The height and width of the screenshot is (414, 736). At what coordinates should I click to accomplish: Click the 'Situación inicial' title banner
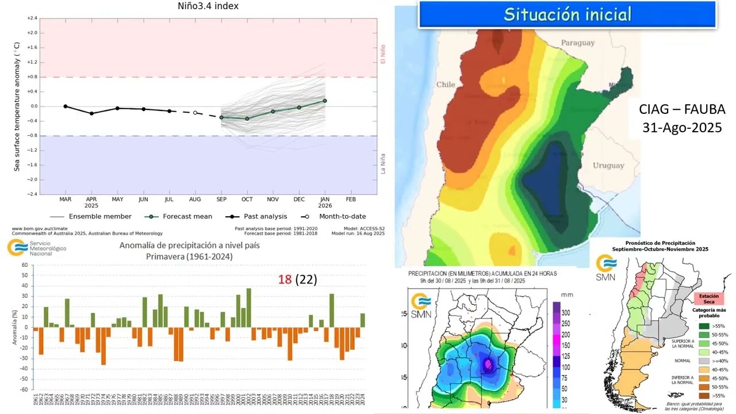coord(567,14)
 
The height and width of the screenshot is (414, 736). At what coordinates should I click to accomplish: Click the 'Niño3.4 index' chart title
coord(208,6)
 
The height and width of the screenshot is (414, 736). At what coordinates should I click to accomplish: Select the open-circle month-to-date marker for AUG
coord(195,113)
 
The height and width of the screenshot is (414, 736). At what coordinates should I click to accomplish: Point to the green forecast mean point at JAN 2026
coord(325,101)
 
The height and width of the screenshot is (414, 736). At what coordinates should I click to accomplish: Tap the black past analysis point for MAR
coord(66,106)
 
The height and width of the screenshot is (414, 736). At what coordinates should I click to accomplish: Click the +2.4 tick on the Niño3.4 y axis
coord(32,18)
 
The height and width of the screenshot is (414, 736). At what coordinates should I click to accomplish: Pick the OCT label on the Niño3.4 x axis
coord(247,199)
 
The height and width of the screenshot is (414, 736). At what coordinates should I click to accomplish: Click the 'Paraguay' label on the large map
coord(577,43)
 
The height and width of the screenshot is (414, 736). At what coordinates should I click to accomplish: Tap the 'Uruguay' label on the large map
coord(608,166)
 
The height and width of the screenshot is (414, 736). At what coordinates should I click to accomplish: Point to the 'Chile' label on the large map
coord(445,85)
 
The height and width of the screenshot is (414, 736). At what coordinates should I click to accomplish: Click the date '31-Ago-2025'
coord(682,127)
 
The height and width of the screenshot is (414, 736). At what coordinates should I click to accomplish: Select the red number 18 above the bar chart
coord(285,279)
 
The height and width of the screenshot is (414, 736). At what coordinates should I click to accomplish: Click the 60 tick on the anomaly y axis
coord(25,265)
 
